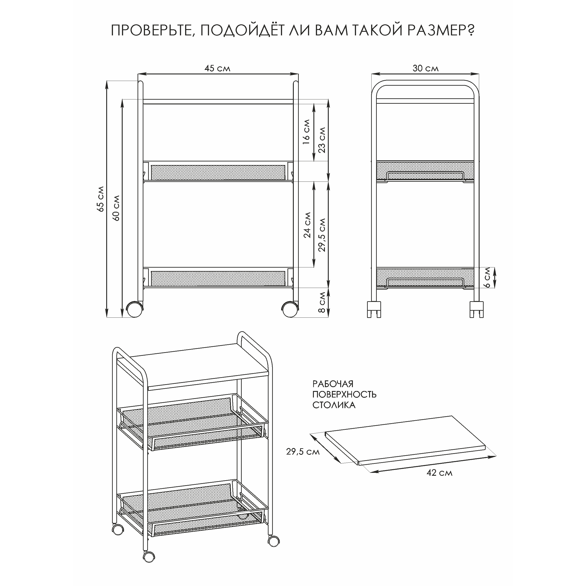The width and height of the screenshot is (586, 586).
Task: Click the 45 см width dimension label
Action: click(218, 68)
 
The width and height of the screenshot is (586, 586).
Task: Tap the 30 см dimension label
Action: click(425, 68)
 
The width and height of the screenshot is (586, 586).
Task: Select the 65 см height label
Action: click(101, 199)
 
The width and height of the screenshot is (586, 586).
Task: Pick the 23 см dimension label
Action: click(322, 140)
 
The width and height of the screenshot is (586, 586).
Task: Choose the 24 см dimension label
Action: click(307, 225)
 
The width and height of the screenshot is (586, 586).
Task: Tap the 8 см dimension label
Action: click(322, 302)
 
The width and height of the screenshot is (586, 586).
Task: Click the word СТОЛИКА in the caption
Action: click(334, 405)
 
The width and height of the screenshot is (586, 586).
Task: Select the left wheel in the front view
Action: click(134, 309)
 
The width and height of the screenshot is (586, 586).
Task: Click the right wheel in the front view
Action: click(290, 309)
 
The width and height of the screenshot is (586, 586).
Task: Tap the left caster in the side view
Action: click(374, 309)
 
